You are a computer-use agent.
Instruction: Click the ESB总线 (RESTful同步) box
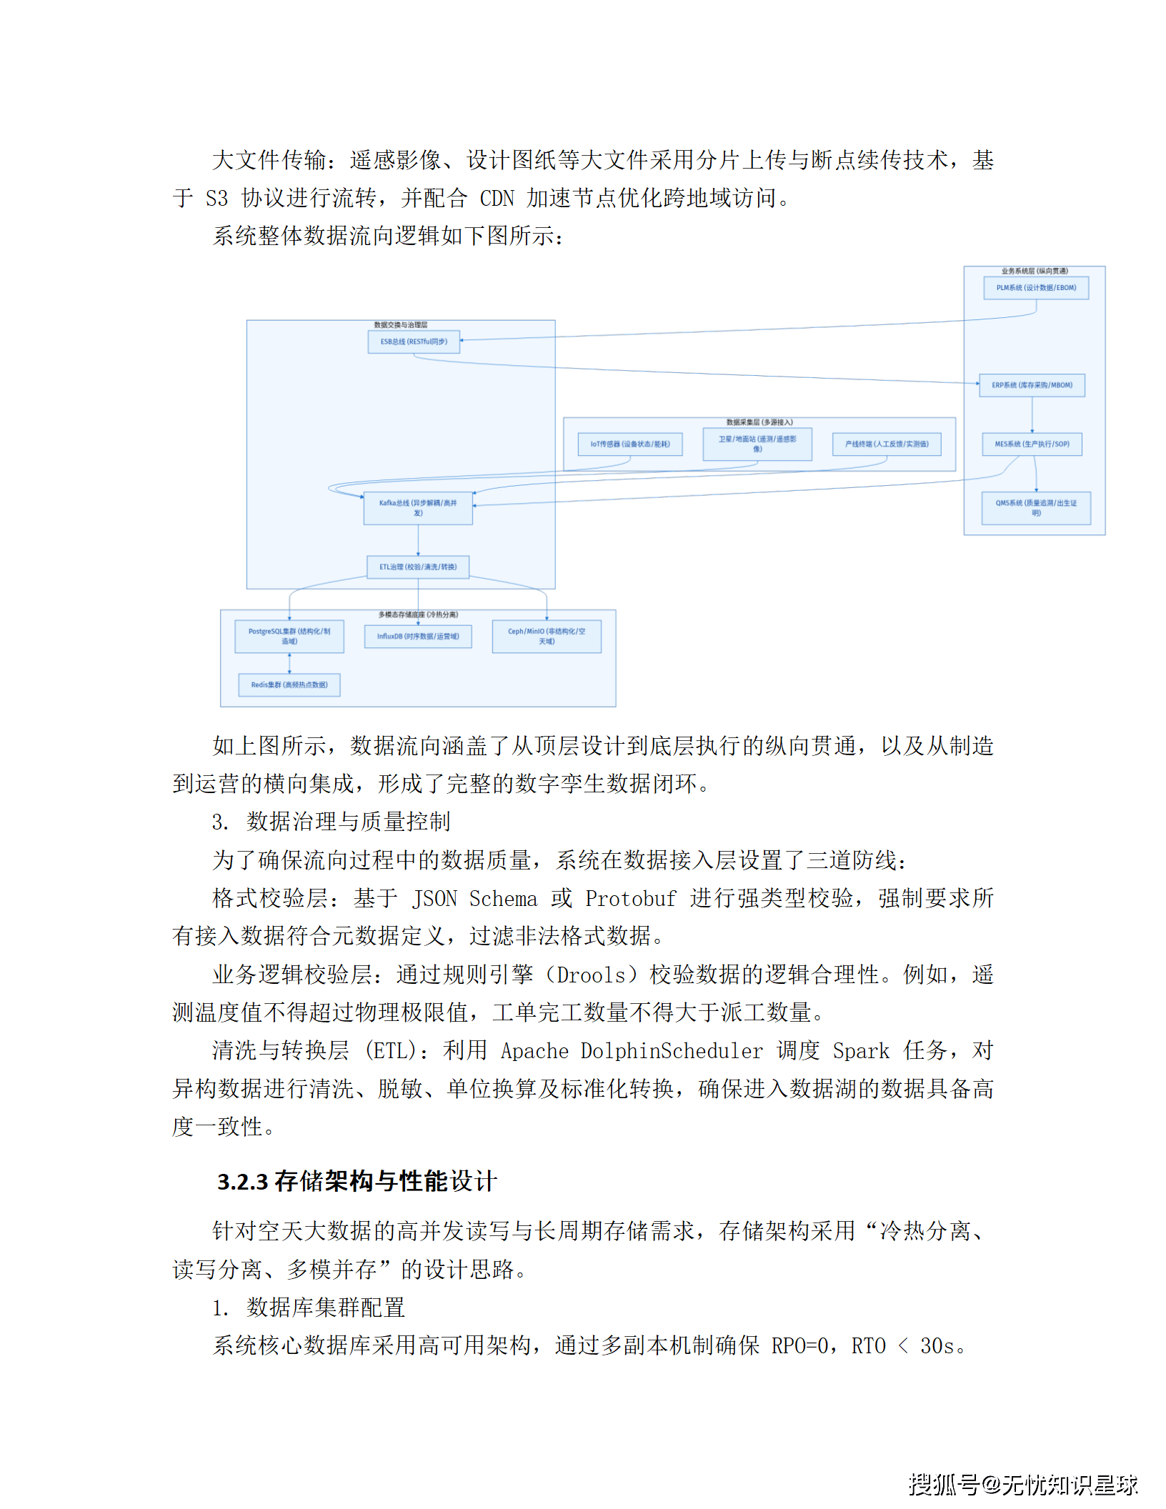point(414,342)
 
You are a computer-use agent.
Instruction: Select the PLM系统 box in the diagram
point(1035,288)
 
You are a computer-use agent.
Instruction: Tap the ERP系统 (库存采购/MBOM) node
point(1032,385)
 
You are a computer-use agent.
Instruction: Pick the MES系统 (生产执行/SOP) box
point(1032,444)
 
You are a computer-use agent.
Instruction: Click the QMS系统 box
point(1035,508)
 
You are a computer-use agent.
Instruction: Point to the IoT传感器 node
point(629,444)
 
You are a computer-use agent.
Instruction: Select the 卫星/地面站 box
point(757,444)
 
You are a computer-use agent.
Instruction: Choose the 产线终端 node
point(886,444)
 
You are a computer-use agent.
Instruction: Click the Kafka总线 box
point(418,508)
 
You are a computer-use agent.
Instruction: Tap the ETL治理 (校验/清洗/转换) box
point(418,567)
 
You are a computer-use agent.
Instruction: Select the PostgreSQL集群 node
point(289,636)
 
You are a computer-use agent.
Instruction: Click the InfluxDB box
point(418,636)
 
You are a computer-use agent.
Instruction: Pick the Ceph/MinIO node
point(547,636)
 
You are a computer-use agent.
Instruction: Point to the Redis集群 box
point(289,684)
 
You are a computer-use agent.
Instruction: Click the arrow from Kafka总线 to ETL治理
point(418,540)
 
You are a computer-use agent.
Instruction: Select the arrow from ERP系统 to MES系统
point(1032,414)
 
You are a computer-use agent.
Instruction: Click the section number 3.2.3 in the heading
point(243,1182)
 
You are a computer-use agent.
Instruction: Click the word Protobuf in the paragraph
point(630,899)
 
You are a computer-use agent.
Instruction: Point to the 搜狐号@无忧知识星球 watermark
point(1022,1484)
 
